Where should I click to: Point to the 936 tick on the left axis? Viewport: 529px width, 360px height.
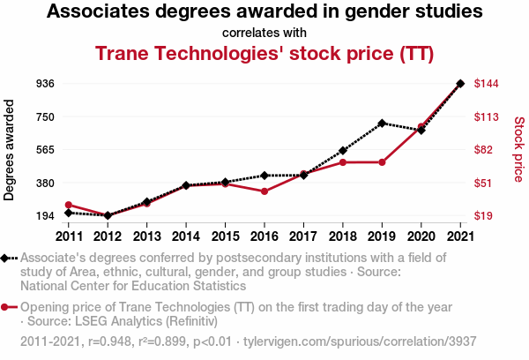pyautogui.click(x=46, y=84)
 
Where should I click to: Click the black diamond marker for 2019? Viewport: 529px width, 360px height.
pyautogui.click(x=382, y=124)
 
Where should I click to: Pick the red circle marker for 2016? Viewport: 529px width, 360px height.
pyautogui.click(x=264, y=191)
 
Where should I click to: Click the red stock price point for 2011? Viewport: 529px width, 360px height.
pyautogui.click(x=68, y=205)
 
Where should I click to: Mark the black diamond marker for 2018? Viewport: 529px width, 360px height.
pyautogui.click(x=343, y=151)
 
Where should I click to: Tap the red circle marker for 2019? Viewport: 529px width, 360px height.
pyautogui.click(x=382, y=162)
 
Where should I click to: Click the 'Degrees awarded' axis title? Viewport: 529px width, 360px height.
pyautogui.click(x=10, y=151)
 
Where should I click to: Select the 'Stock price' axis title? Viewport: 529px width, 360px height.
pyautogui.click(x=518, y=150)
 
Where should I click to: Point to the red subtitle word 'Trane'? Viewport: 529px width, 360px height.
pyautogui.click(x=123, y=53)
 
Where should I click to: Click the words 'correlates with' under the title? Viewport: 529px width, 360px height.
pyautogui.click(x=264, y=33)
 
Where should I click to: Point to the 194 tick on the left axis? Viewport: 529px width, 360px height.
pyautogui.click(x=46, y=216)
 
